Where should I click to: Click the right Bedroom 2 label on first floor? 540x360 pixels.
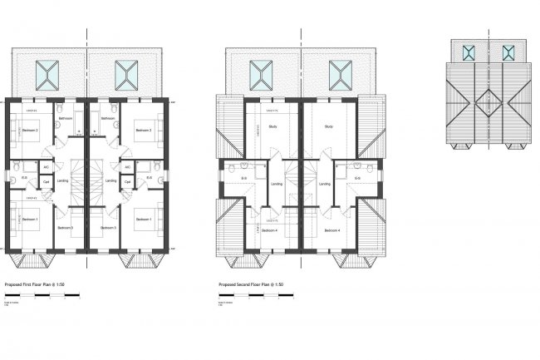tap(143, 131)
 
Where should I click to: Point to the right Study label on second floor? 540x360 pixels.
tap(328, 127)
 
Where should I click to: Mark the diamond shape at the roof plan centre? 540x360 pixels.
tap(488, 104)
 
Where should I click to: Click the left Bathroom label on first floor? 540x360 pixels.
tap(66, 119)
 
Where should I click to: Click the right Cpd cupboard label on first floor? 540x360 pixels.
tap(127, 180)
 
